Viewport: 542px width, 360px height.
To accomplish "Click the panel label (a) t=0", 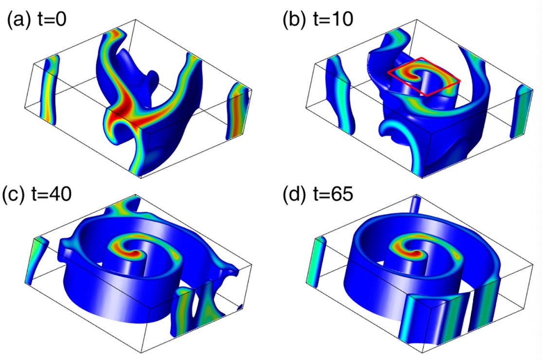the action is (x=36, y=19).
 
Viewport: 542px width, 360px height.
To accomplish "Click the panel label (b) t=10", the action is (x=318, y=19).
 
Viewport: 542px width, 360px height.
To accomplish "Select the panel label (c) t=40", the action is (x=36, y=194).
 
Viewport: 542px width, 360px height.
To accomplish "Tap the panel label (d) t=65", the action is (x=318, y=194).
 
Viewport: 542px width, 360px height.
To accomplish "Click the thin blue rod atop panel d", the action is (x=415, y=204).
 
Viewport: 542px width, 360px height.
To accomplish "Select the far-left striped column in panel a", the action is (x=48, y=90).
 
